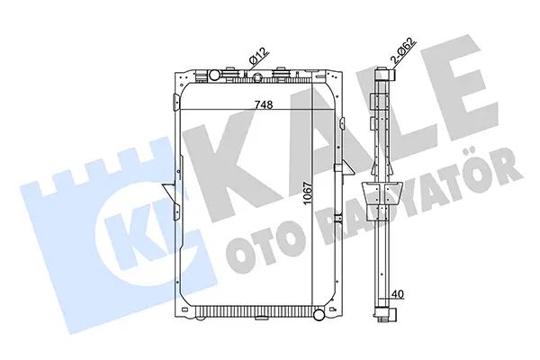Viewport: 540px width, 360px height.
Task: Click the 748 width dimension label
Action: [264, 104]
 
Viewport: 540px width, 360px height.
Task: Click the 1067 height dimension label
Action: [308, 193]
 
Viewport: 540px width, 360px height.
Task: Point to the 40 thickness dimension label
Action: [398, 294]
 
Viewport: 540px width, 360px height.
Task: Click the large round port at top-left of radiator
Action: [214, 74]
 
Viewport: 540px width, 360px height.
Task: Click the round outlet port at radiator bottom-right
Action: [319, 314]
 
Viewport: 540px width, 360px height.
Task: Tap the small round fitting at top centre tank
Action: [256, 79]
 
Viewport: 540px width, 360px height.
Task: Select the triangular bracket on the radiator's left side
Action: [169, 191]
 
